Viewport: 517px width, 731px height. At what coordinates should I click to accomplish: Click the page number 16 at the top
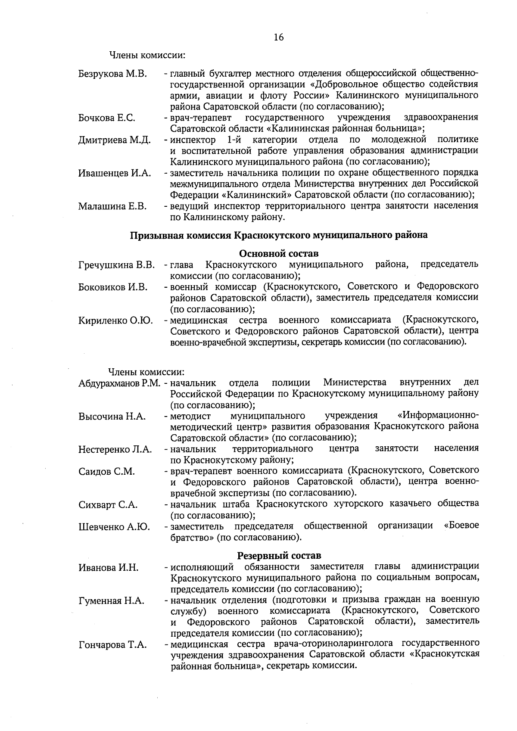[x=278, y=37]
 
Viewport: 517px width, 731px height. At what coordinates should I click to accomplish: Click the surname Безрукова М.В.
[x=112, y=74]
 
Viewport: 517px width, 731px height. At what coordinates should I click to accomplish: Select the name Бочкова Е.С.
[x=106, y=118]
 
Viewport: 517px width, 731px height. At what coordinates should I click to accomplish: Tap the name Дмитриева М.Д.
[x=114, y=140]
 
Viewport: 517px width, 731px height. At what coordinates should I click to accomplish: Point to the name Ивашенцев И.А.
[x=114, y=173]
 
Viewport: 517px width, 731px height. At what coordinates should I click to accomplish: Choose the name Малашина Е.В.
[x=112, y=206]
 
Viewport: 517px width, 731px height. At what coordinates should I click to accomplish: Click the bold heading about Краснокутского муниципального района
[x=279, y=235]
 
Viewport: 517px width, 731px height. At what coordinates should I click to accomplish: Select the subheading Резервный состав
[x=279, y=556]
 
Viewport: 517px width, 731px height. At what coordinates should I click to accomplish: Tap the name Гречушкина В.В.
[x=116, y=264]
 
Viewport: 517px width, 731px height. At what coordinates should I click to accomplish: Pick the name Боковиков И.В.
[x=113, y=287]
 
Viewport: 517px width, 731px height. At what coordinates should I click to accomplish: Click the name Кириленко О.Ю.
[x=115, y=320]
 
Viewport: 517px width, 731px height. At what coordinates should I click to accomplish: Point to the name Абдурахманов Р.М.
[x=119, y=383]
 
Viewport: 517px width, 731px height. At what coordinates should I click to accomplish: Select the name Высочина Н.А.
[x=112, y=417]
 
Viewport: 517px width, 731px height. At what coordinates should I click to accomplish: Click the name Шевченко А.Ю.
[x=114, y=527]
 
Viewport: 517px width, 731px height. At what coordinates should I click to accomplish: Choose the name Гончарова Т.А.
[x=112, y=645]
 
